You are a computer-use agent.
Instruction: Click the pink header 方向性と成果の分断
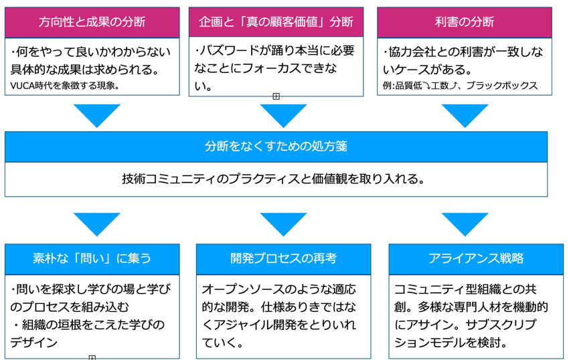[92, 22]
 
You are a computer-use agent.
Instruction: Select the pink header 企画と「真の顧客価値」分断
[276, 22]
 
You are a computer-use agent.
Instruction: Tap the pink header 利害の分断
[465, 22]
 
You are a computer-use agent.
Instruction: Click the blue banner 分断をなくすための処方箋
[276, 147]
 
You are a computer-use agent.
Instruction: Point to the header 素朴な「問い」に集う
[92, 259]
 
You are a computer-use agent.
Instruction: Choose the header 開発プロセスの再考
[283, 259]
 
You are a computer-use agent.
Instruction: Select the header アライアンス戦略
[476, 259]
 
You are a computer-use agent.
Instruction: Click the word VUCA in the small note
[22, 86]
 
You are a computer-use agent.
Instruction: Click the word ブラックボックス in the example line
[502, 86]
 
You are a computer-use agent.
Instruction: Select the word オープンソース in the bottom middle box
[243, 289]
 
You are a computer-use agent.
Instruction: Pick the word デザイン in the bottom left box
[34, 342]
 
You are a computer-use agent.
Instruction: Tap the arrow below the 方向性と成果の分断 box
[97, 116]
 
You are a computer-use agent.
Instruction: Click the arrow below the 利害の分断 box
[465, 116]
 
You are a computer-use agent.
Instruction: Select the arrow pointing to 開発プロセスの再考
[283, 224]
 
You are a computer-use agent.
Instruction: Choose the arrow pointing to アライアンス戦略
[465, 224]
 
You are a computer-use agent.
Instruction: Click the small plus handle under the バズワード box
[276, 96]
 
